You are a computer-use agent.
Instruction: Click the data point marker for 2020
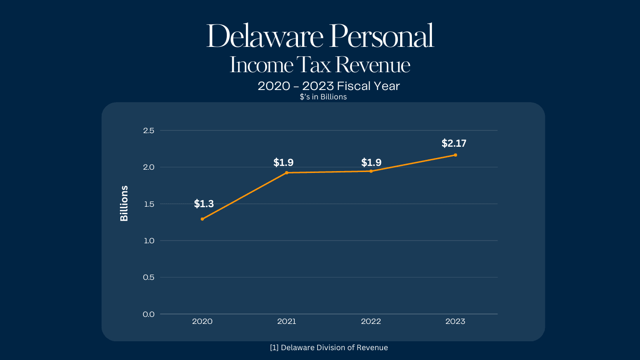[202, 219]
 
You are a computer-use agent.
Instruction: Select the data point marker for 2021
[287, 172]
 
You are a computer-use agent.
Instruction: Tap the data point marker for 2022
[371, 171]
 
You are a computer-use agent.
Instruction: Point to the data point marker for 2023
[455, 155]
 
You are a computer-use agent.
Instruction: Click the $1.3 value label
[204, 204]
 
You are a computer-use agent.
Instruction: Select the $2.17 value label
[454, 143]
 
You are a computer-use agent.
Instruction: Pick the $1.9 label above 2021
[283, 163]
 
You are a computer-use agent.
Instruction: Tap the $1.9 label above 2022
[371, 163]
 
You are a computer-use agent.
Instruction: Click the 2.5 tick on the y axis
[149, 130]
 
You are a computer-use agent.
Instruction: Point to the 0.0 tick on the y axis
[149, 314]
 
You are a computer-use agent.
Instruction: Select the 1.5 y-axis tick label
[149, 204]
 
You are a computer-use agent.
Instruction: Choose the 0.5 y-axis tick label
[149, 277]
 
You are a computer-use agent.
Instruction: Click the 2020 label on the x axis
[202, 322]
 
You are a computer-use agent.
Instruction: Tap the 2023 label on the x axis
[455, 322]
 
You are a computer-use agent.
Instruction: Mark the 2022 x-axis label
[371, 322]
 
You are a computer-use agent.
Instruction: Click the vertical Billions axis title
[124, 203]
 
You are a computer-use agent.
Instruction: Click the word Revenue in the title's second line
[373, 65]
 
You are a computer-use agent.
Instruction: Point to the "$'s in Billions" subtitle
[323, 97]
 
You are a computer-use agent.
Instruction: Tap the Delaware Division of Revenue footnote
[329, 347]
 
